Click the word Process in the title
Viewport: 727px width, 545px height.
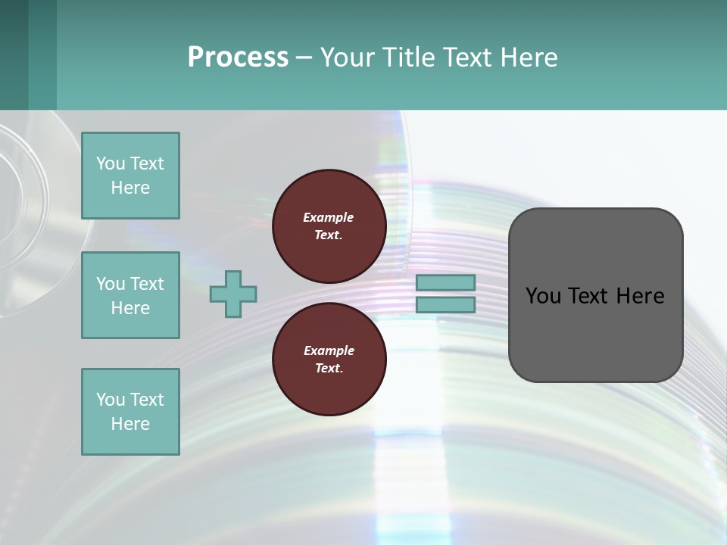point(238,58)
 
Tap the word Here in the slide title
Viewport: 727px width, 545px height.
point(528,58)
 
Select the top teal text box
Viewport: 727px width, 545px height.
point(130,176)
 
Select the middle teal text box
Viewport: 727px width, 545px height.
point(130,295)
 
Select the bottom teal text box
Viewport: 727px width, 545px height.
point(130,412)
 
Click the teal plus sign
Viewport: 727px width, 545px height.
point(233,294)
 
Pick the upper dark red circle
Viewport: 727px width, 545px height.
point(329,226)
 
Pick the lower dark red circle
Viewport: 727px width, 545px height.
point(329,359)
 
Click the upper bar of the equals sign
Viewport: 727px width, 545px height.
point(445,283)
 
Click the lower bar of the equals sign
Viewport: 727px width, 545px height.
point(445,305)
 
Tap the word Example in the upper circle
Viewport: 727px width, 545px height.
point(329,217)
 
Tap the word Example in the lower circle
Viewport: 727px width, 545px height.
point(329,350)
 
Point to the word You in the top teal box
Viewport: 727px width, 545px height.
point(111,163)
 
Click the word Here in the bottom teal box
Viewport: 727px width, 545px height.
point(130,424)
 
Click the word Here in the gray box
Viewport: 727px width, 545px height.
point(641,296)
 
